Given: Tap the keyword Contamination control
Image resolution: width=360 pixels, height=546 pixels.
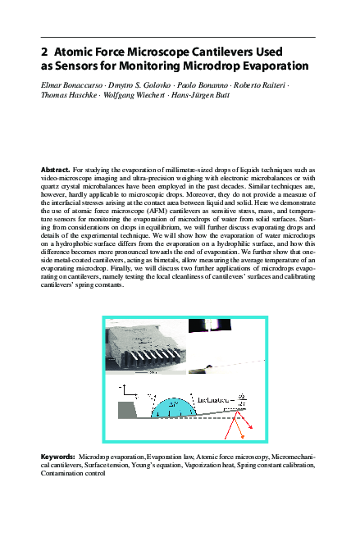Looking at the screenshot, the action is pos(73,472).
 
